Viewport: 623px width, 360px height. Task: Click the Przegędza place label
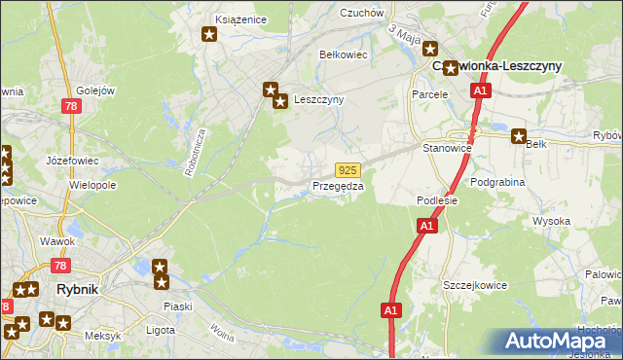338,186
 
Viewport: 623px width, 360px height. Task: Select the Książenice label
240,18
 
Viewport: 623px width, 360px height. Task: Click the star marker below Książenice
209,36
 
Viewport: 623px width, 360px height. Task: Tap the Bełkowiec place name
344,54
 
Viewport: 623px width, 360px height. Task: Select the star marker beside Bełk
519,136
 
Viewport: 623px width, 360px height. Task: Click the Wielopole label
93,184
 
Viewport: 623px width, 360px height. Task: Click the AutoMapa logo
560,341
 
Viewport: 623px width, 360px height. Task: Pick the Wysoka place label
551,222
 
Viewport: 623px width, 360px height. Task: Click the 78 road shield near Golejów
70,105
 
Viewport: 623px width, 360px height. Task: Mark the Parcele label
429,94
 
